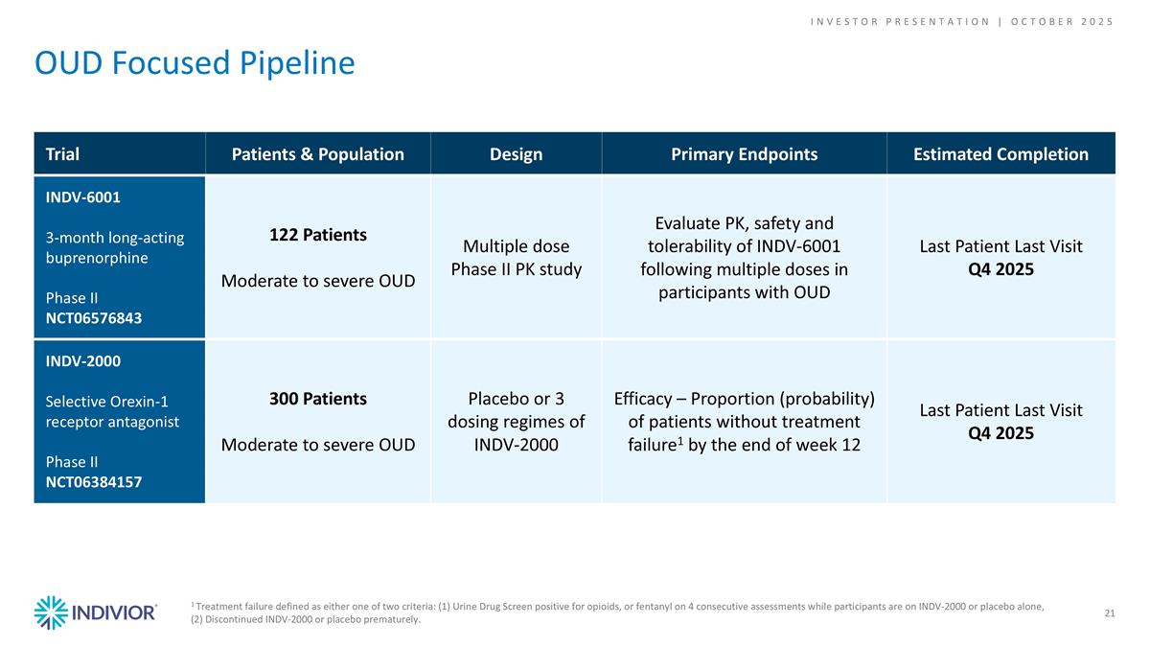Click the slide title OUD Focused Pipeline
(195, 63)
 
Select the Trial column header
(62, 154)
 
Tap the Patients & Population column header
(318, 154)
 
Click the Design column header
(517, 154)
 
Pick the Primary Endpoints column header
(744, 154)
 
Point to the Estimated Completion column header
(1000, 154)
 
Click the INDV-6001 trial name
(82, 197)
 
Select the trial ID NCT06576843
(94, 318)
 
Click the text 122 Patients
(318, 236)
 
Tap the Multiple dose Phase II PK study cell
(517, 258)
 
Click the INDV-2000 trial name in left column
(83, 361)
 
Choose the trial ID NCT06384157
(94, 482)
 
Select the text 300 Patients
(318, 400)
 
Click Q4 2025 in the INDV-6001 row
(1000, 269)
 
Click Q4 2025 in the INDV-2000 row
(1000, 433)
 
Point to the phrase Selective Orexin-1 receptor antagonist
(112, 411)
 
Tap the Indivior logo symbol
(51, 612)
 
